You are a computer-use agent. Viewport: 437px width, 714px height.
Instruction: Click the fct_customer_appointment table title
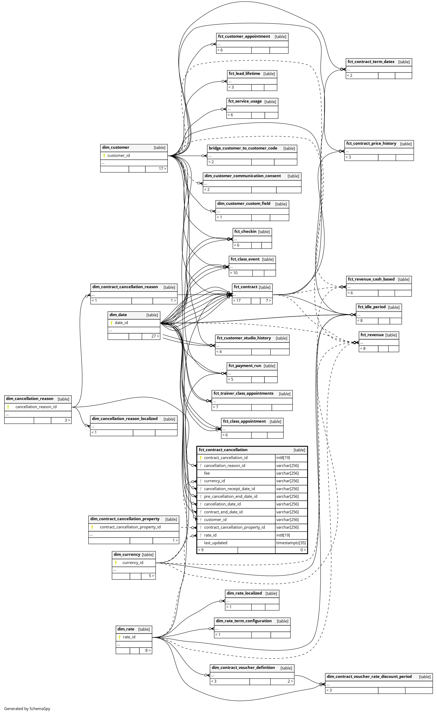[244, 36]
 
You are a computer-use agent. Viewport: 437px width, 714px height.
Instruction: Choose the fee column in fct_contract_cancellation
[207, 473]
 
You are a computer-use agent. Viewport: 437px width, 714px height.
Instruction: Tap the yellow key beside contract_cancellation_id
[200, 458]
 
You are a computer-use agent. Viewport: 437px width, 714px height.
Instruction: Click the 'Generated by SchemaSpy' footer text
[27, 708]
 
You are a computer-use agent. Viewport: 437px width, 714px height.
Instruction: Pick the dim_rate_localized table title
[244, 593]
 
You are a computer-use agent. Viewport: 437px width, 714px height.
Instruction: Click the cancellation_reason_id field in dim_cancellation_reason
[36, 407]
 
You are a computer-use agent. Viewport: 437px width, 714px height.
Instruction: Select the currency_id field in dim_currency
[132, 562]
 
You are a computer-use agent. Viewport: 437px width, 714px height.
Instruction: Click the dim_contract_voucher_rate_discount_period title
[369, 676]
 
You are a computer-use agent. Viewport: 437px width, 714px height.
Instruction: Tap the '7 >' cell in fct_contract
[268, 301]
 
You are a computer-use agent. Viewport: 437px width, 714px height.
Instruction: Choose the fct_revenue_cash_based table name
[371, 279]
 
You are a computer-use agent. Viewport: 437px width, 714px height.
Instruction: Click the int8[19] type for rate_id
[283, 535]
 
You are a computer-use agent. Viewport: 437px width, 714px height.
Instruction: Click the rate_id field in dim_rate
[129, 637]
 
